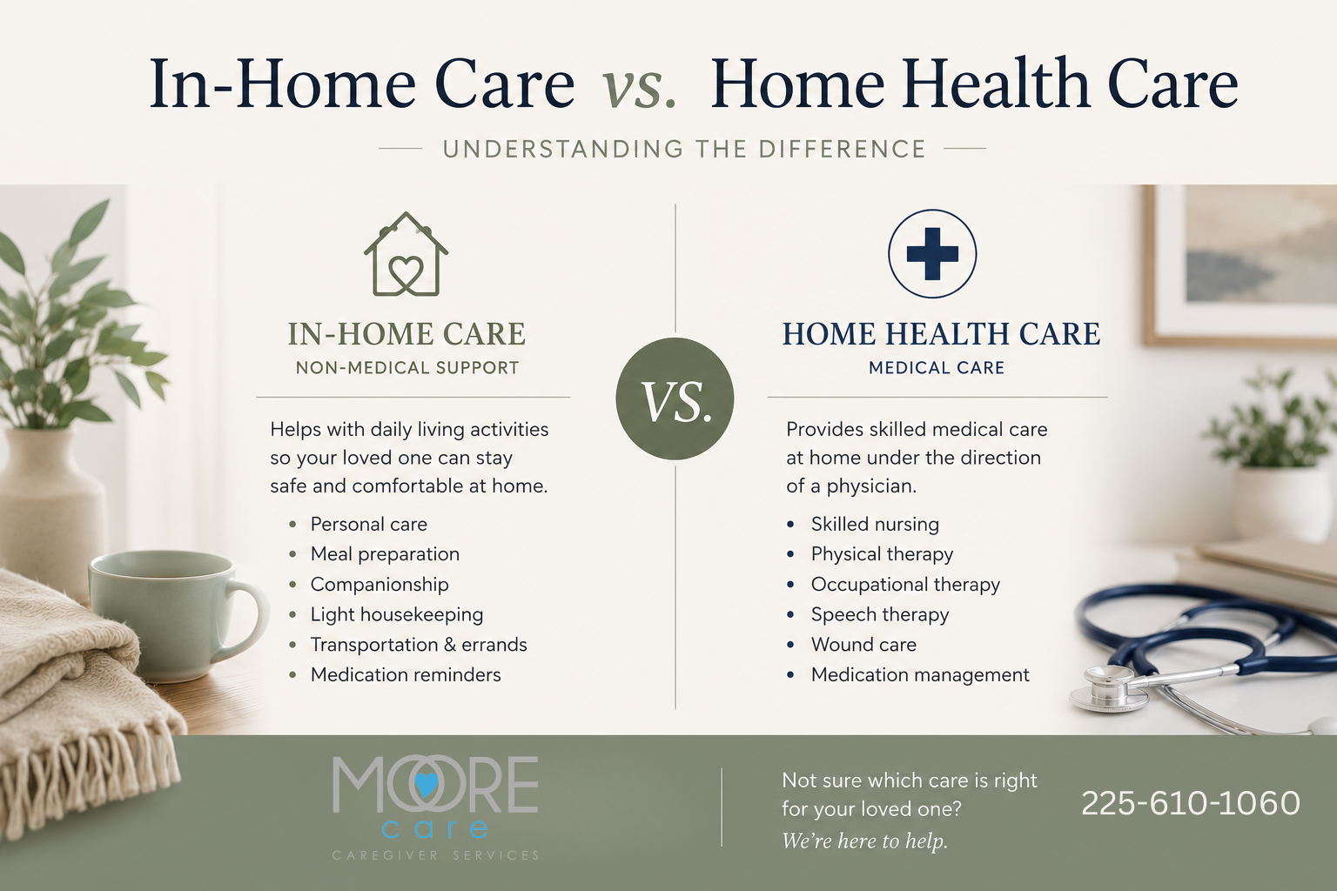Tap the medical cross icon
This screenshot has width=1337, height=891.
(x=932, y=253)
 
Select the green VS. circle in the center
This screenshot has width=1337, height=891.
(x=675, y=399)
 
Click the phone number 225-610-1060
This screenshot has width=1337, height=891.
(x=1190, y=803)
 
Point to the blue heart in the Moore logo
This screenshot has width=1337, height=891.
(x=427, y=785)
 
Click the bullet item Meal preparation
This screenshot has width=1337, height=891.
(x=385, y=554)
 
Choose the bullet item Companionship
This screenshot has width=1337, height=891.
(x=380, y=584)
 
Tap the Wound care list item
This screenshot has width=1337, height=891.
(x=863, y=645)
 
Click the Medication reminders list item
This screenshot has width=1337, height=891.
(x=406, y=675)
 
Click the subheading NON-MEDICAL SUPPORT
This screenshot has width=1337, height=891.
(x=407, y=367)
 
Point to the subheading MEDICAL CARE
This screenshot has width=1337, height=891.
(x=937, y=367)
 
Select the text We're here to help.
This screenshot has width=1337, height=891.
(x=865, y=841)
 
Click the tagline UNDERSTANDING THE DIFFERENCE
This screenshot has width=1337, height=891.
(x=684, y=149)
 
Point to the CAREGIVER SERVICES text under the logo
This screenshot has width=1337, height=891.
(x=436, y=856)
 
